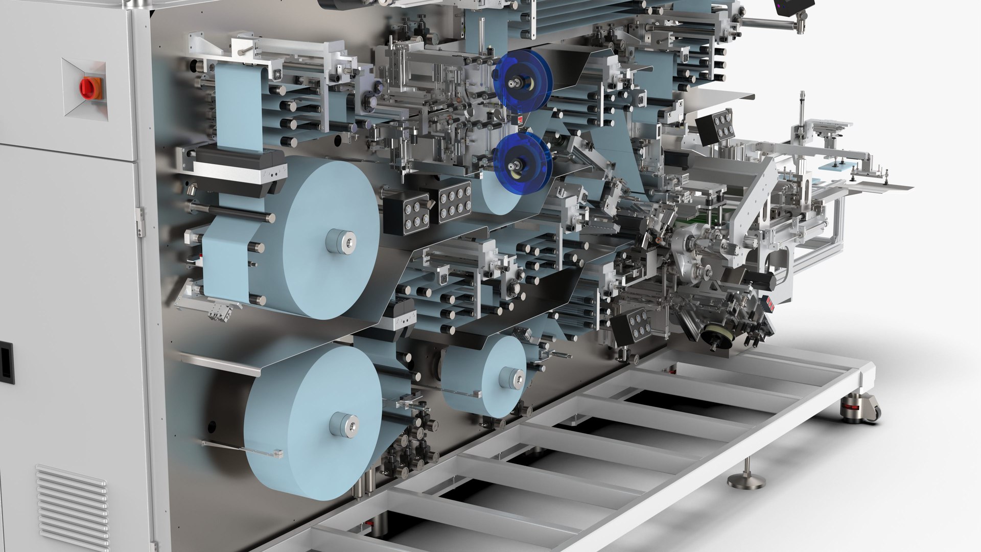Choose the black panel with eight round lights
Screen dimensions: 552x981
(x=454, y=202)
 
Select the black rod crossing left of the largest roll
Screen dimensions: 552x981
(x=230, y=212)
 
